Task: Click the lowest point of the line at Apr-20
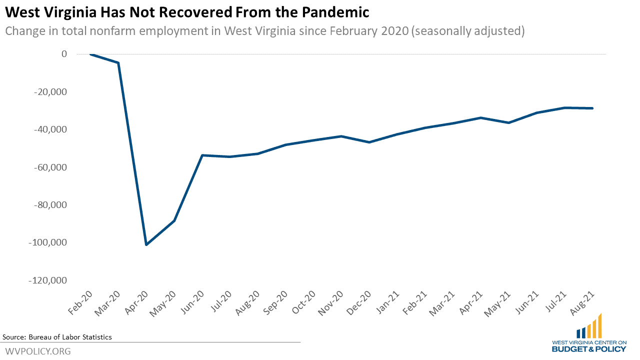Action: click(x=146, y=244)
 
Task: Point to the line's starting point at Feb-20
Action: click(x=90, y=54)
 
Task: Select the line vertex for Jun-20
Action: click(x=202, y=155)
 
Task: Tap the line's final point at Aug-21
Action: click(x=592, y=108)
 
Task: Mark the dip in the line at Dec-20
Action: click(x=369, y=142)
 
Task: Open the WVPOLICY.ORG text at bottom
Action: click(x=37, y=351)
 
